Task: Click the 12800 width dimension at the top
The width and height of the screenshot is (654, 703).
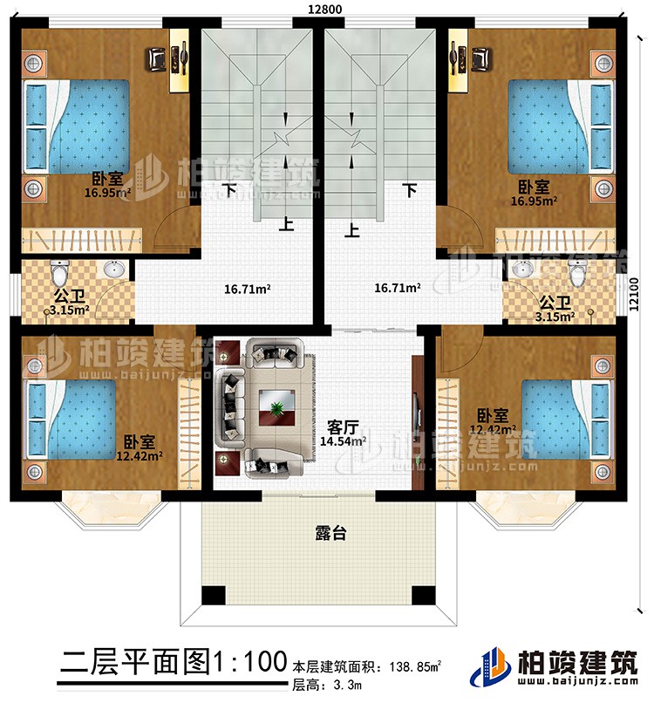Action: [318, 9]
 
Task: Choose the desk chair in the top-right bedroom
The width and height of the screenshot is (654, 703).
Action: [480, 58]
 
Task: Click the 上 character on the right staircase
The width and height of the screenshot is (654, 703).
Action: [352, 231]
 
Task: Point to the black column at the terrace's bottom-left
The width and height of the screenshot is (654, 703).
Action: [213, 594]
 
